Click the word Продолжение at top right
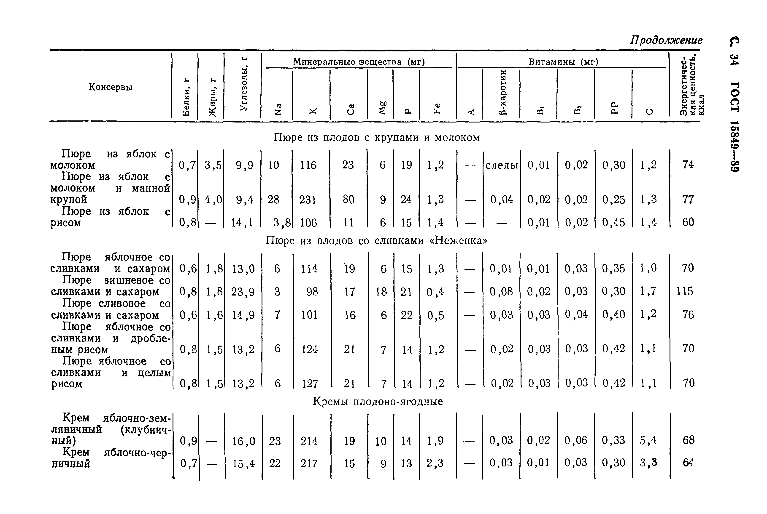tap(666, 40)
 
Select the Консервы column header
tap(111, 87)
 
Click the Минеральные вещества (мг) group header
tap(359, 62)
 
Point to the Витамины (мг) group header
tap(563, 62)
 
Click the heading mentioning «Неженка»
tap(376, 241)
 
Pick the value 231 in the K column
tap(308, 200)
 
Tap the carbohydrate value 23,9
tap(243, 291)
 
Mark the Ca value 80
tap(348, 200)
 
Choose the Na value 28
tap(273, 200)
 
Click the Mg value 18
tap(381, 291)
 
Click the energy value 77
tap(688, 200)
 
